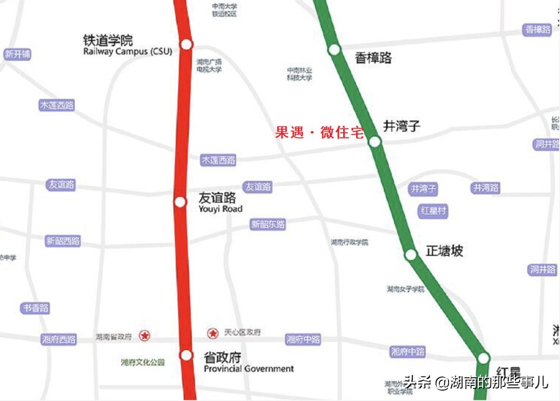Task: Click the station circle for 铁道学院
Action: tap(186, 44)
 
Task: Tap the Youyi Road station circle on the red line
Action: tap(180, 202)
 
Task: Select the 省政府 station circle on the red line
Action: tap(186, 355)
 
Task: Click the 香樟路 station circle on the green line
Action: tap(334, 50)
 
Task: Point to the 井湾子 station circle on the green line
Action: tap(374, 141)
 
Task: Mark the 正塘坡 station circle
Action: tap(411, 255)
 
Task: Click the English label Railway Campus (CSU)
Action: tap(128, 52)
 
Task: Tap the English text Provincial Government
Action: tap(249, 369)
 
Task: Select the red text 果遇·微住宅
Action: tap(320, 133)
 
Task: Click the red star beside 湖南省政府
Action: tap(145, 336)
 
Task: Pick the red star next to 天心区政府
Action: tap(212, 333)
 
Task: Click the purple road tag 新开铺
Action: tap(18, 54)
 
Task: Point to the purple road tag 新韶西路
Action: tap(63, 241)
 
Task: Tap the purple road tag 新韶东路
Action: tap(268, 225)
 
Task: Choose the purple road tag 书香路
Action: tap(35, 308)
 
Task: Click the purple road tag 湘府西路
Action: tap(59, 340)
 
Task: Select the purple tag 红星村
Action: tap(432, 211)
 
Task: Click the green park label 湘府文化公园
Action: tap(143, 363)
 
